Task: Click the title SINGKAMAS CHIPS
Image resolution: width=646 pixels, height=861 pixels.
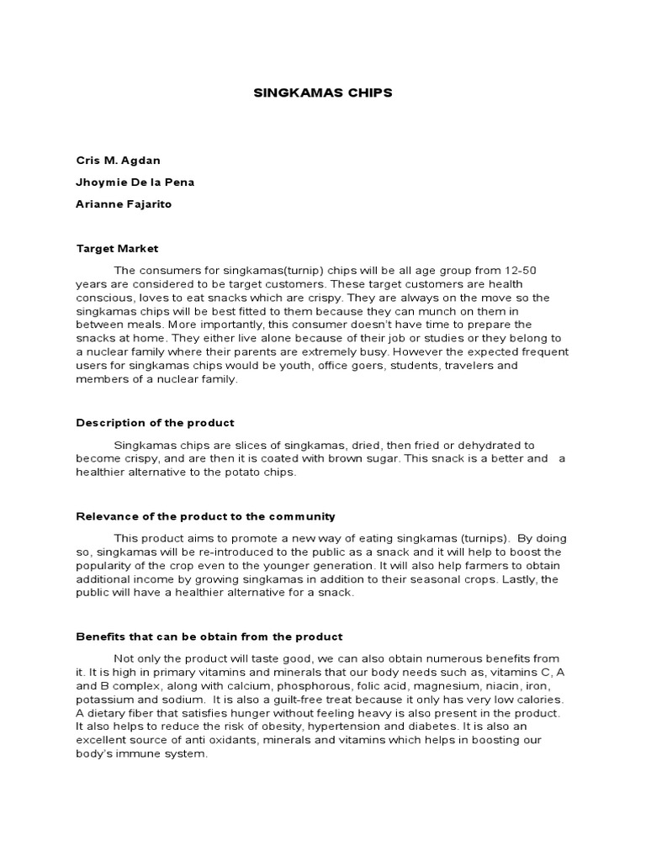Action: pyautogui.click(x=323, y=93)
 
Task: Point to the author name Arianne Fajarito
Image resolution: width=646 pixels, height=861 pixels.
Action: pyautogui.click(x=124, y=204)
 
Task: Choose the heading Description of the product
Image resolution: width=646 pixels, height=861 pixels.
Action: pyautogui.click(x=155, y=422)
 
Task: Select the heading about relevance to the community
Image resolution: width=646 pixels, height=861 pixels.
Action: pyautogui.click(x=205, y=516)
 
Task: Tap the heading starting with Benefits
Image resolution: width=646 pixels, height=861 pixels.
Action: pyautogui.click(x=209, y=637)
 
